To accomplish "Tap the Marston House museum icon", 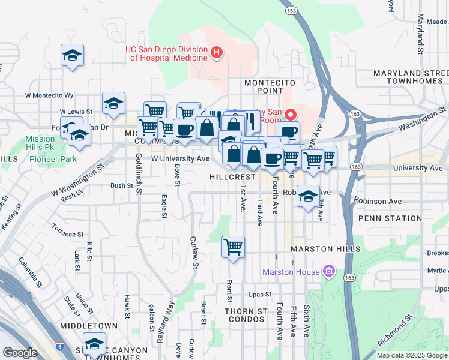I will [x=328, y=272].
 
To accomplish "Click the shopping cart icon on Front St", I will [x=233, y=247].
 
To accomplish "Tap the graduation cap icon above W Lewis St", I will [x=113, y=103].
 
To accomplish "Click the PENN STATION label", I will [x=390, y=218].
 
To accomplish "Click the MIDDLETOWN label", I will [x=89, y=326].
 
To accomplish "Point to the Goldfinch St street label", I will [x=139, y=174].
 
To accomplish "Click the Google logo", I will [x=20, y=352].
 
